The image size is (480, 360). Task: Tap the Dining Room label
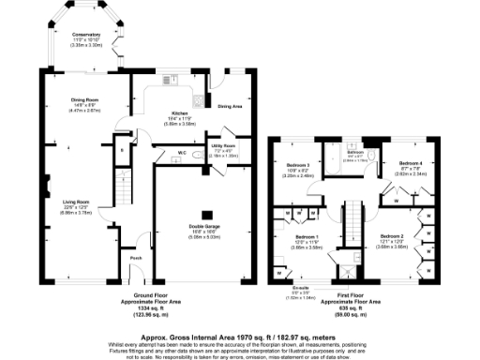86,100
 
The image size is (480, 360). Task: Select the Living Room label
76,202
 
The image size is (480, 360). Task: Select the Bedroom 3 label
298,164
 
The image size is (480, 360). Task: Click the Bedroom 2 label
393,235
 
